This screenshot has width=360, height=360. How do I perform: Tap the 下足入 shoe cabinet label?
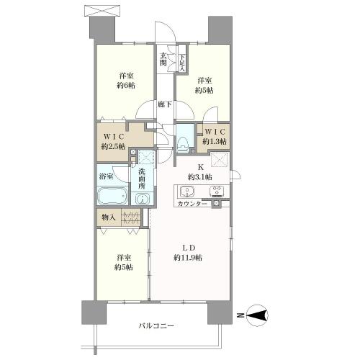tap(182, 63)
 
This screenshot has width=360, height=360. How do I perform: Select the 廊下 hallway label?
tap(165, 104)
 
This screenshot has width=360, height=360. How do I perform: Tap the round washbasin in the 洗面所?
tap(143, 199)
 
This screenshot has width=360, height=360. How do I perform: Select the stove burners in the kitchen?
tap(217, 192)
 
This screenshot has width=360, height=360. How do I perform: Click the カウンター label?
tap(192, 204)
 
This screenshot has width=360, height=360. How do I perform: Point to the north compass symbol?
tap(257, 315)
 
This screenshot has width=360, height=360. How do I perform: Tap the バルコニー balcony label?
tap(156, 325)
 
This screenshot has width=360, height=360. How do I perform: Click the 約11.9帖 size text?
tap(188, 258)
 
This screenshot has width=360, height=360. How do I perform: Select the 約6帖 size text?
tap(126, 85)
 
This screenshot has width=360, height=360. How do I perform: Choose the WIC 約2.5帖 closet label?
tap(113, 142)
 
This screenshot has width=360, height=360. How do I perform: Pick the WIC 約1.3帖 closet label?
tap(215, 137)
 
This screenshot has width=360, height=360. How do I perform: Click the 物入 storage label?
tap(109, 217)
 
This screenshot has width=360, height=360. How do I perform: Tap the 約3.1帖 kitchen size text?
tap(200, 177)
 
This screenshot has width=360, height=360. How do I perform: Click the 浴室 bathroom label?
tap(107, 176)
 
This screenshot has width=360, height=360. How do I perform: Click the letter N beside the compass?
tap(240, 315)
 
